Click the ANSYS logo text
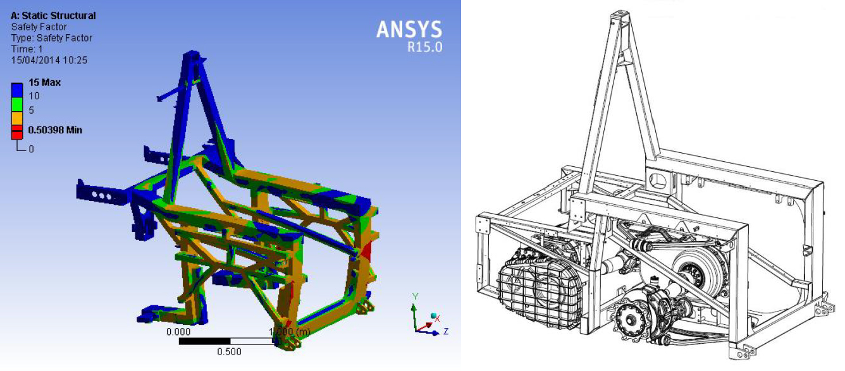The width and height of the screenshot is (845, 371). pyautogui.click(x=409, y=30)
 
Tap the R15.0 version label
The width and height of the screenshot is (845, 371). pyautogui.click(x=425, y=47)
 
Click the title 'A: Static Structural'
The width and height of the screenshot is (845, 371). pyautogui.click(x=53, y=16)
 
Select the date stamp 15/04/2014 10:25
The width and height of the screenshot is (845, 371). pyautogui.click(x=49, y=60)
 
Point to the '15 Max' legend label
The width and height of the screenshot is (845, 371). pyautogui.click(x=44, y=83)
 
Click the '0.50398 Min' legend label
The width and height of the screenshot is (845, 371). pyautogui.click(x=55, y=130)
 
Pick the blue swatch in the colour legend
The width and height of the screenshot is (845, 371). pyautogui.click(x=17, y=90)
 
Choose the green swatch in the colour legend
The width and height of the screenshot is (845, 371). pyautogui.click(x=17, y=105)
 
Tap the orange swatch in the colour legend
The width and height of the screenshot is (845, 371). pyautogui.click(x=17, y=119)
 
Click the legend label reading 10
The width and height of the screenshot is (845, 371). pyautogui.click(x=34, y=96)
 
